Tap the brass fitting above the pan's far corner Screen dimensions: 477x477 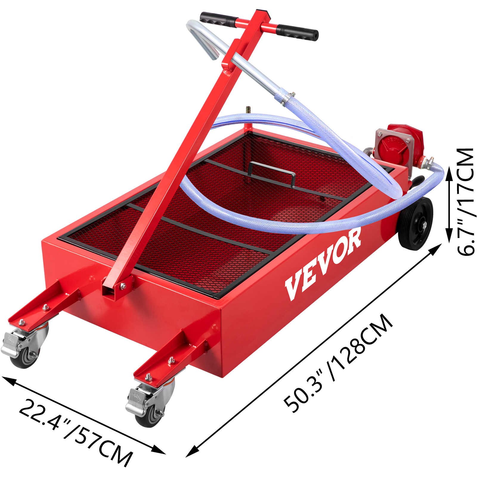(x=248, y=109)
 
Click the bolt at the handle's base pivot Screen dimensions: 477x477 (x=123, y=286)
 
